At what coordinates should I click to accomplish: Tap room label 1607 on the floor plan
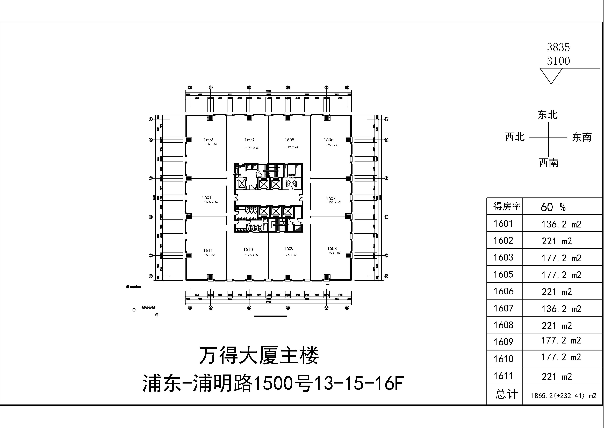pyautogui.click(x=331, y=198)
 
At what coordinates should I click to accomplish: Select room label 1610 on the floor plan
pyautogui.click(x=248, y=249)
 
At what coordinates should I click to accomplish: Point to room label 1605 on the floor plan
pyautogui.click(x=290, y=140)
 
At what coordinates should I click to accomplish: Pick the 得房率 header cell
pyautogui.click(x=507, y=206)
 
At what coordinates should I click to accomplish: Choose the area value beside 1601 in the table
pyautogui.click(x=561, y=224)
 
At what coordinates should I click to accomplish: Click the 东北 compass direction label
pyautogui.click(x=548, y=115)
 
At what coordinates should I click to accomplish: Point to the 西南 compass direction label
pyautogui.click(x=549, y=163)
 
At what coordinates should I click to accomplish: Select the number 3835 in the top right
pyautogui.click(x=558, y=47)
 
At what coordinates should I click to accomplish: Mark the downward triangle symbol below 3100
pyautogui.click(x=551, y=76)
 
